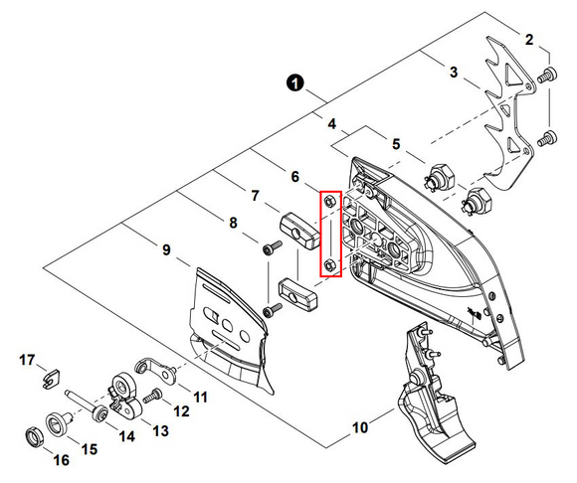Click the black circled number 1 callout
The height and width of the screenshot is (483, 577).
[295, 83]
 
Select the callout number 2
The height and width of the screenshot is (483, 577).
[529, 40]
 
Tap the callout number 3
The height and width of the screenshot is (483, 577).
[454, 73]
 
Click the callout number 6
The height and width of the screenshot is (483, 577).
[294, 176]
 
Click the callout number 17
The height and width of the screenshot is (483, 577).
[27, 359]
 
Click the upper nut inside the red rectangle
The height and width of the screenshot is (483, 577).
[329, 204]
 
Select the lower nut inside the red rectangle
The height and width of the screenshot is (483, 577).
[329, 265]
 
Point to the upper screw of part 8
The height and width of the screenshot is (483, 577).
[270, 252]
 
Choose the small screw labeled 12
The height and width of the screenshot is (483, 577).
[154, 397]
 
